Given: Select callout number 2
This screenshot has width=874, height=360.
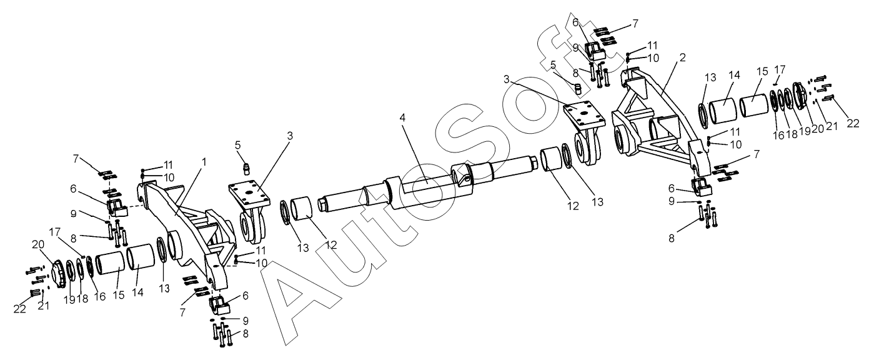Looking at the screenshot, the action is click(683, 57).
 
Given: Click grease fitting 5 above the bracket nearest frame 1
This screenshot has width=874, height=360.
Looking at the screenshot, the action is click(246, 169).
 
